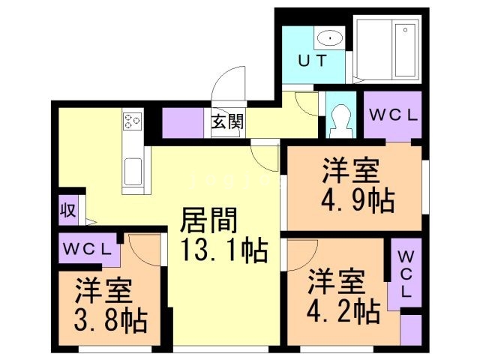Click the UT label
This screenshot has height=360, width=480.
click(314, 61)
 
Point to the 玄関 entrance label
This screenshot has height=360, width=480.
click(226, 121)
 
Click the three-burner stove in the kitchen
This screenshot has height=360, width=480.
click(133, 121)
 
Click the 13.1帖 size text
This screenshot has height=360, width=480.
click(223, 250)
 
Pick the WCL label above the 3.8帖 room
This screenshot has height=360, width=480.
click(88, 248)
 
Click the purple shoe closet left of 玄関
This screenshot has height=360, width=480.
click(183, 122)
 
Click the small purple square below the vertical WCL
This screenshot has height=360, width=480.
click(411, 330)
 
